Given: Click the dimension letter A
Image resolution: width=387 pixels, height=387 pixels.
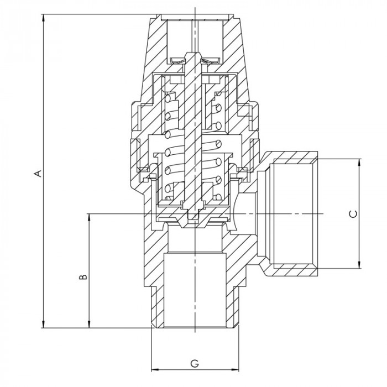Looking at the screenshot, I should (x=38, y=173).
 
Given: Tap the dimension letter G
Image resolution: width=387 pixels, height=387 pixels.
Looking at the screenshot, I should (x=195, y=363).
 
